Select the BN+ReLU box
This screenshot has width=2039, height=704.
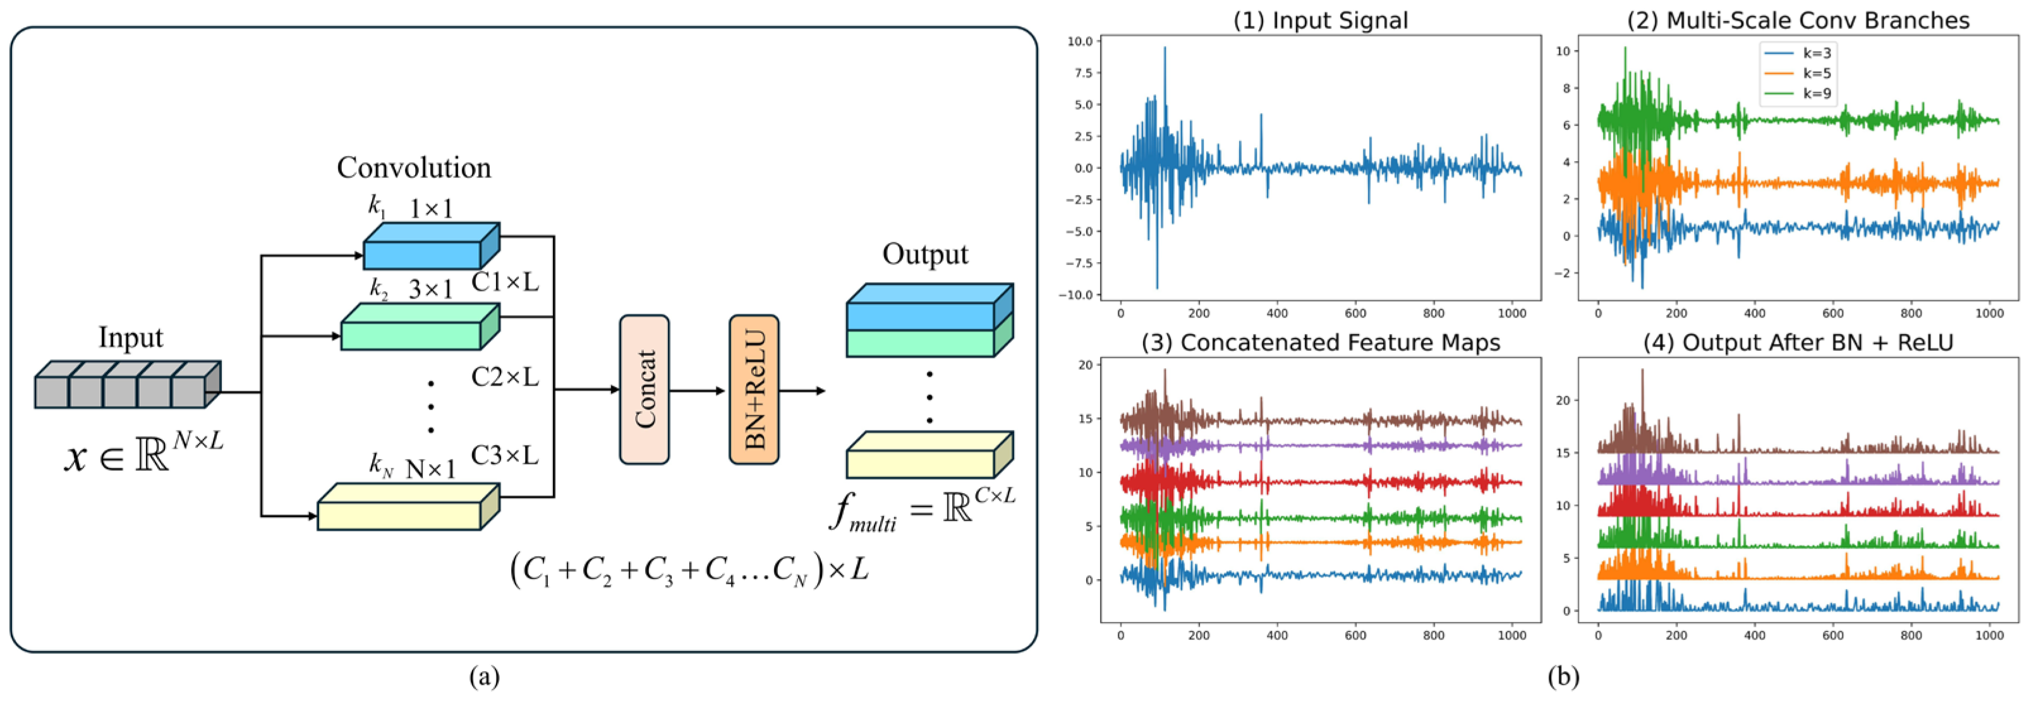[x=754, y=389]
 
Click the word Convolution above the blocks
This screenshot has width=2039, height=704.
[x=414, y=168]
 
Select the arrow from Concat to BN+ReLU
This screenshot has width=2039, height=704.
[x=696, y=390]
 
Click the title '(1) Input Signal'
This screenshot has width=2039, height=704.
[x=1321, y=21]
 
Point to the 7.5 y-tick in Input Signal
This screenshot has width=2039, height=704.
[x=1080, y=73]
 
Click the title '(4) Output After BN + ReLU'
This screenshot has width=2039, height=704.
[x=1798, y=342]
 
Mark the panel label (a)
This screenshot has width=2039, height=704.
[x=485, y=677]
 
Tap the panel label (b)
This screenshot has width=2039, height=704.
[x=1563, y=677]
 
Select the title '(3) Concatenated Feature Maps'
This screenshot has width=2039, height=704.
[x=1321, y=342]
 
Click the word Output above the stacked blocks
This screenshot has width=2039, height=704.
[x=924, y=254]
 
